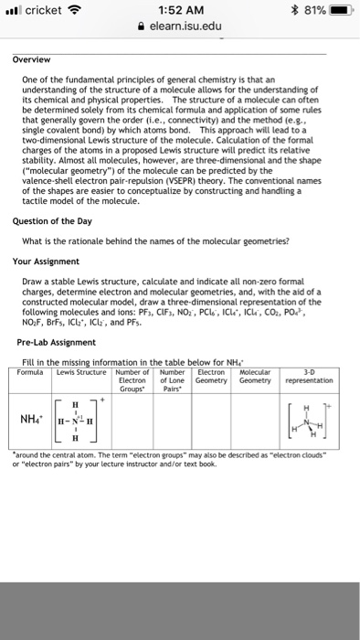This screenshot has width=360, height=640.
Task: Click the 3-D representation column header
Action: click(x=313, y=376)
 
